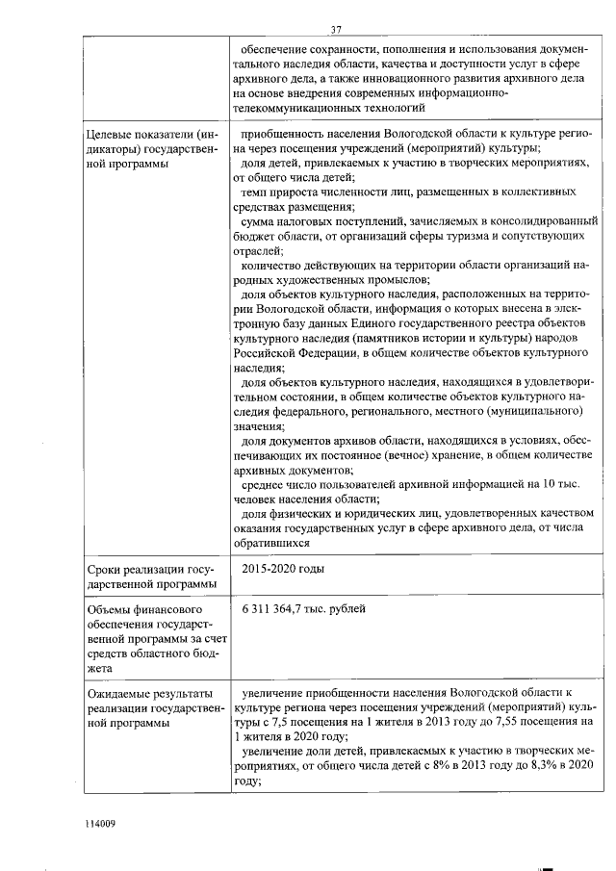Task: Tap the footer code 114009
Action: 99,823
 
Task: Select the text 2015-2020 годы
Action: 284,569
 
